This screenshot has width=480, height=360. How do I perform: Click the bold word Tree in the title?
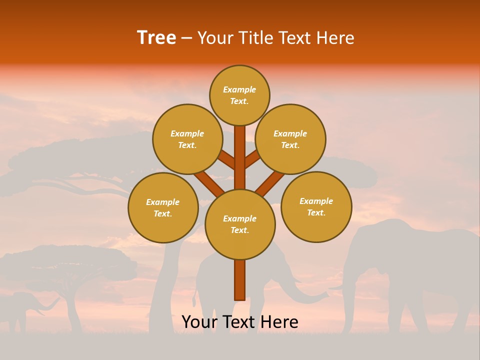[x=156, y=37]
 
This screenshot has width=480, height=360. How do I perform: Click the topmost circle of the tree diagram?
[x=239, y=95]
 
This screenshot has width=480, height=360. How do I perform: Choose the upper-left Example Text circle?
[x=187, y=139]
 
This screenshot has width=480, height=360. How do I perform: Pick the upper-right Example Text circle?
[x=290, y=139]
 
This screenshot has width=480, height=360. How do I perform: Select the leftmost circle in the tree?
[x=163, y=207]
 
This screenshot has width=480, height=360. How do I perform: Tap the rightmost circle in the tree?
[x=316, y=206]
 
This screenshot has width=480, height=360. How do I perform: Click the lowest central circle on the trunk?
[x=240, y=224]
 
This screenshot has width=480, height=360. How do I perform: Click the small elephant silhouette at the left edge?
[x=22, y=307]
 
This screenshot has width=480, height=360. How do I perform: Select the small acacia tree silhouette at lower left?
[x=70, y=270]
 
